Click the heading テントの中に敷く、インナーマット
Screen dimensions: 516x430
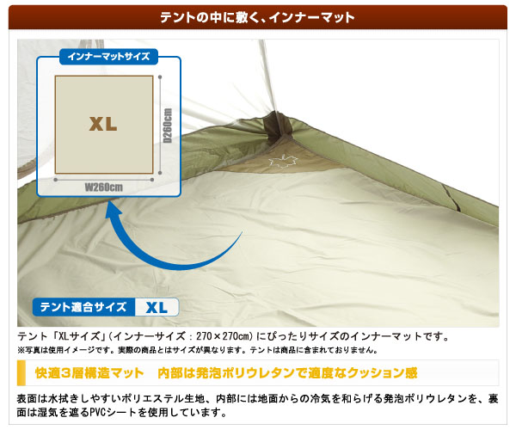coord(257,17)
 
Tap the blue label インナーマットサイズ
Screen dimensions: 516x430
coord(108,57)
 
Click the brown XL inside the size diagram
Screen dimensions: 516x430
coord(103,124)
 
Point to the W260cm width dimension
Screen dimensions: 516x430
coord(104,187)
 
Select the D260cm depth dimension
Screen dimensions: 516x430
coord(168,126)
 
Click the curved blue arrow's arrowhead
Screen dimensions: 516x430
coord(114,210)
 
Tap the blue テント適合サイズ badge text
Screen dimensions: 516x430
coord(83,307)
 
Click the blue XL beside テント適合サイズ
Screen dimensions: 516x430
coord(157,308)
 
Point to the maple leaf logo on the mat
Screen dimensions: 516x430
coord(283,161)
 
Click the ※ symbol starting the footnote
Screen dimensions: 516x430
coord(21,350)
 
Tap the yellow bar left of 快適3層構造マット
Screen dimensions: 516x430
coord(21,372)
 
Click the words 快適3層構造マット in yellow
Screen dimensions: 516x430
coord(89,373)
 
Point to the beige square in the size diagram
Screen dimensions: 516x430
coord(104,125)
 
